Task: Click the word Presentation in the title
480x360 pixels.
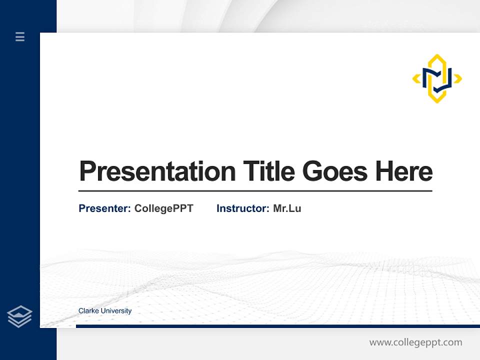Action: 157,171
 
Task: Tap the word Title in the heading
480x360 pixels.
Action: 268,171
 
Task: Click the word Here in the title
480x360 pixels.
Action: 404,171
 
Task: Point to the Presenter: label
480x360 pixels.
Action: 104,208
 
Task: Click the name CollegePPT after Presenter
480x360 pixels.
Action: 163,208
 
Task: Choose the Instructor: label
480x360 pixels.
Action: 242,208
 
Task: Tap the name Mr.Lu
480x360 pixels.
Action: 287,208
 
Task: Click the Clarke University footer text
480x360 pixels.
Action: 105,311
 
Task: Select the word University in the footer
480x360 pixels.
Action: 116,311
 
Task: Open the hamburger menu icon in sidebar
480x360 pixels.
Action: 20,36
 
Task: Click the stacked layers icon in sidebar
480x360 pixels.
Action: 19,316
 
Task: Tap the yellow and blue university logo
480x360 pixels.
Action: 437,78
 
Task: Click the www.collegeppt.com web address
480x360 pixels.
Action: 415,342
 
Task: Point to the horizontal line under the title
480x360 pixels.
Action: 255,191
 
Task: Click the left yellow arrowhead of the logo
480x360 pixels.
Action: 415,78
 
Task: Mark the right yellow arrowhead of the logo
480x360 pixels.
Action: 458,78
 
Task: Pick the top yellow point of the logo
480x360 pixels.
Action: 437,56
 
